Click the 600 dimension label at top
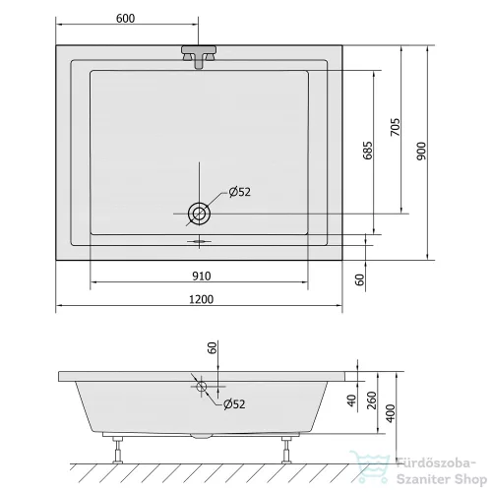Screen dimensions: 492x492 tap(125, 19)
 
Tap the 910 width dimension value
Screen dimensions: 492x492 tap(202, 277)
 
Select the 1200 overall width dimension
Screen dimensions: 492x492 tap(201, 299)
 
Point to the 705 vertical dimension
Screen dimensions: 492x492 tap(396, 127)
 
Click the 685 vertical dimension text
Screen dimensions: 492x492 tap(368, 151)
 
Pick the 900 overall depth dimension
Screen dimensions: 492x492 tap(421, 152)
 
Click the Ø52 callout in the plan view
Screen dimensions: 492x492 tap(240, 192)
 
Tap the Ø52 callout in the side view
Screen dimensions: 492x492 tap(234, 404)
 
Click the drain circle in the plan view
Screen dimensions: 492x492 tap(199, 214)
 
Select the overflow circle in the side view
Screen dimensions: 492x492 tap(202, 387)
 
